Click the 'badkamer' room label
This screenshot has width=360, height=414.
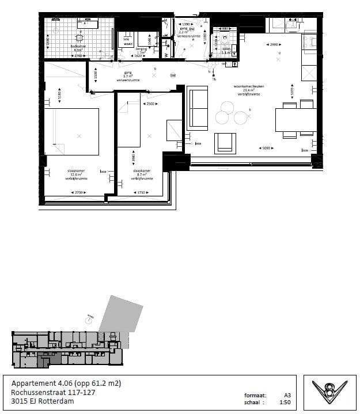click(x=78, y=45)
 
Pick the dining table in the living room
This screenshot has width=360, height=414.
click(x=295, y=120)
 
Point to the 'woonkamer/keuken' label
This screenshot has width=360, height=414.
click(x=248, y=86)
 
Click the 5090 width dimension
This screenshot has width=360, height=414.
click(x=264, y=148)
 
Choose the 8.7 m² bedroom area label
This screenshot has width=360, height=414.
click(x=141, y=174)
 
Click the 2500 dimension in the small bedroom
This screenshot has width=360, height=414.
click(x=151, y=104)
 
